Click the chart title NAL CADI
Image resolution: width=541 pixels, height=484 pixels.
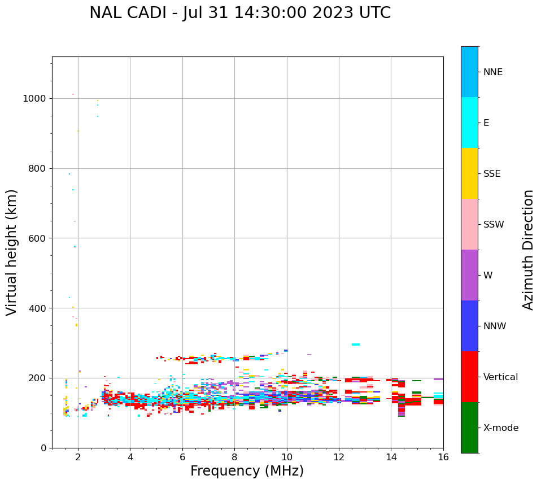240,13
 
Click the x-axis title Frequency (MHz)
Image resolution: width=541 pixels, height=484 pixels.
247,471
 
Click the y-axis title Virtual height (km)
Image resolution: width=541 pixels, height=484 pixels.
12,252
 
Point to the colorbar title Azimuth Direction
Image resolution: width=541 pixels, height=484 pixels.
528,250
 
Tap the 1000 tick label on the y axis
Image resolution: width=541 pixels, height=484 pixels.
34,98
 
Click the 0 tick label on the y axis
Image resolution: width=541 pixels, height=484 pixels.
43,448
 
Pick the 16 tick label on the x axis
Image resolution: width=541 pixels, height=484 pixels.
443,457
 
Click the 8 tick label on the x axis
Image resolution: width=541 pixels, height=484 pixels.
234,457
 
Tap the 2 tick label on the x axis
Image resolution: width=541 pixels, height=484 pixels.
78,457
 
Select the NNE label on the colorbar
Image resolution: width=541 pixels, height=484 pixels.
492,72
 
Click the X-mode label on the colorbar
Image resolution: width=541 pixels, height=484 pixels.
500,428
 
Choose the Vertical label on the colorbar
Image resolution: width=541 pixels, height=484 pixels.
500,377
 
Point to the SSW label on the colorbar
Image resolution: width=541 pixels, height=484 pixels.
494,225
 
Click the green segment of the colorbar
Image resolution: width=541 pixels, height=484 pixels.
469,428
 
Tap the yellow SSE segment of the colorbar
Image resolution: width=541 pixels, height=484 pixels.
469,173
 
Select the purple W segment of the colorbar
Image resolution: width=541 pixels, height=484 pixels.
469,275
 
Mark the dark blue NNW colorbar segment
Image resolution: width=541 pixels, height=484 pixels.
469,326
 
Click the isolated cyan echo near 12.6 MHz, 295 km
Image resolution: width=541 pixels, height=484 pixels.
356,345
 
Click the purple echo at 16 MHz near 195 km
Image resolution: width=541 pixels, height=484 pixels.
438,379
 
